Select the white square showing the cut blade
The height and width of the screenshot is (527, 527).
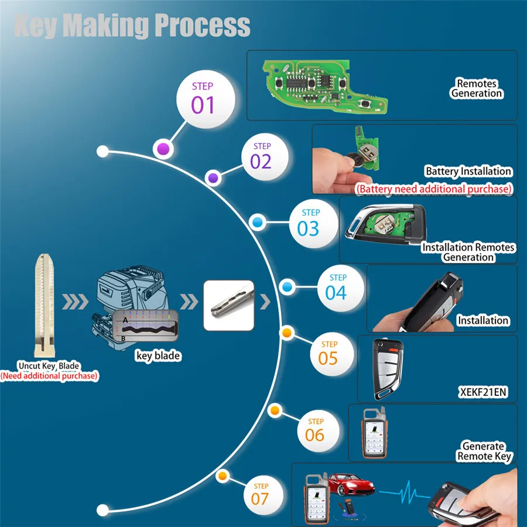(x=229, y=304)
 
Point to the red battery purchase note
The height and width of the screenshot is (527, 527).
(x=434, y=189)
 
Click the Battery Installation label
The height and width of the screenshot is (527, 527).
(x=468, y=172)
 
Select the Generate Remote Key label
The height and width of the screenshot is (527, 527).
(x=484, y=451)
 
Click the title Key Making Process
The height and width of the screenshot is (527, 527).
(x=132, y=26)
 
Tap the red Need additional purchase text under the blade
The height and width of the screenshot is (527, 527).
(x=49, y=376)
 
